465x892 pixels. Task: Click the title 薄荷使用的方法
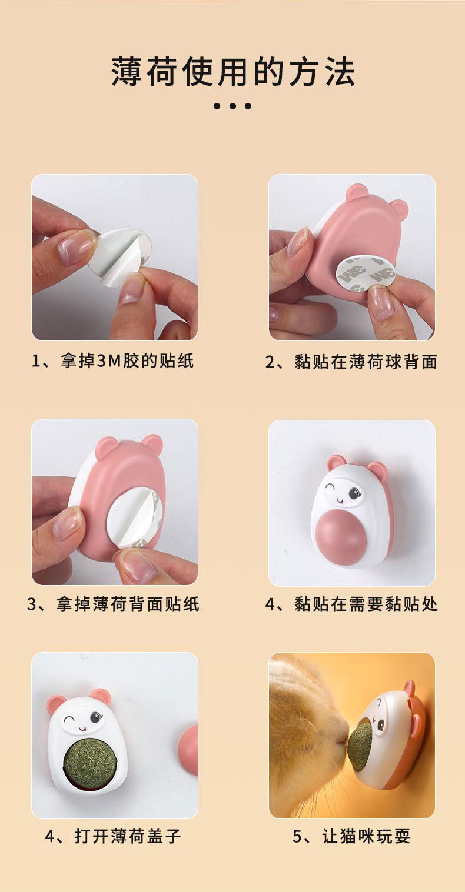coord(232,72)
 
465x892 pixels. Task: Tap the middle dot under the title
coord(232,106)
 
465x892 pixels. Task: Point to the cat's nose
coord(342,739)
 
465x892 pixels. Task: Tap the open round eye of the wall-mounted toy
coord(354,493)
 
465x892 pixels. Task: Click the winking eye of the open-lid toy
coord(71,719)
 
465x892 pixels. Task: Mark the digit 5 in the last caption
coord(297,837)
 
